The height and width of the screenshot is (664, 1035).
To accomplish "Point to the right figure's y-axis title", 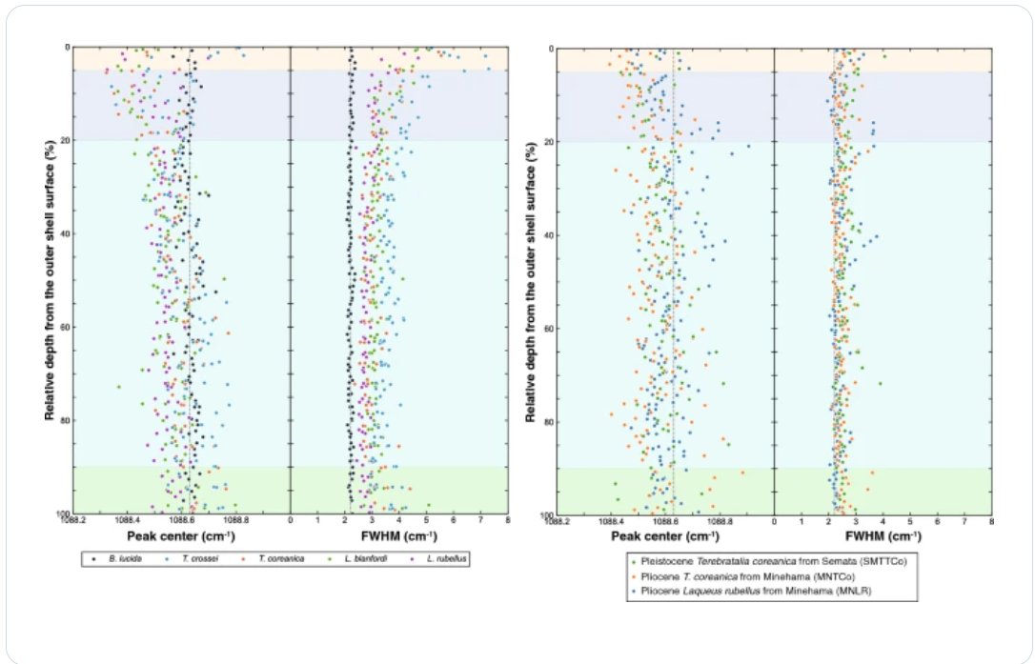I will (x=531, y=278).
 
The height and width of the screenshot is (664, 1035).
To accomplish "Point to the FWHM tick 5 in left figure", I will (x=426, y=521).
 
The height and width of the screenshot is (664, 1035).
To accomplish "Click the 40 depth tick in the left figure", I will (x=63, y=232).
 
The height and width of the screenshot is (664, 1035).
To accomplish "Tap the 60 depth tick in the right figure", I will (x=547, y=329).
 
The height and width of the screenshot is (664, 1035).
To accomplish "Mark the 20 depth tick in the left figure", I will (x=63, y=140).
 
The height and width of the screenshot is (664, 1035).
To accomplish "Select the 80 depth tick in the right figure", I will (x=547, y=422).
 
